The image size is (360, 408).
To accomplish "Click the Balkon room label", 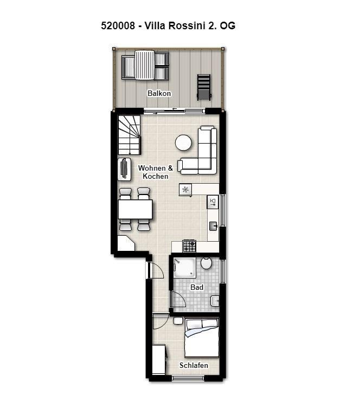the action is tap(159, 93).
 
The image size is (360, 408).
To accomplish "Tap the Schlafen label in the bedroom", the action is tap(194, 365).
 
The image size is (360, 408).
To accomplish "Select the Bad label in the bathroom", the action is tap(197, 287).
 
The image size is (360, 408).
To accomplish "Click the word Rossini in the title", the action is tap(187, 26).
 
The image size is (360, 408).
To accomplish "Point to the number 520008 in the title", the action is tap(118, 26).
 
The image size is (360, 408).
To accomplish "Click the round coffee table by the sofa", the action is tap(183, 143).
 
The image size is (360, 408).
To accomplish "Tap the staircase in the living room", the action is tap(129, 135).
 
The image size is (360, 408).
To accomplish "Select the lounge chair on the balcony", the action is tap(204, 87).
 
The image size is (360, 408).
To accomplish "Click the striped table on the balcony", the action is tap(144, 65).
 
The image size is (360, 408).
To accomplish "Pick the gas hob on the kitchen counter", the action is tap(189, 246).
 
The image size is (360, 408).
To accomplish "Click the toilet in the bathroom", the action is tap(206, 263).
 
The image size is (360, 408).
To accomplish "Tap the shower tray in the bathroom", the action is tap(184, 268).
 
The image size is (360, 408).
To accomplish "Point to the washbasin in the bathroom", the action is tap(215, 301).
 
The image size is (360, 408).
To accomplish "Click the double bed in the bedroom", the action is tap(202, 338).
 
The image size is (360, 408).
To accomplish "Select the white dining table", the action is tap(135, 209).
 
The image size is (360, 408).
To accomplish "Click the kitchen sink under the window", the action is tap(214, 226).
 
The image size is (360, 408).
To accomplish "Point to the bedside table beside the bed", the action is tap(178, 321).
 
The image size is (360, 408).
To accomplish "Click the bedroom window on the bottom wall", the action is tap(188, 378).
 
